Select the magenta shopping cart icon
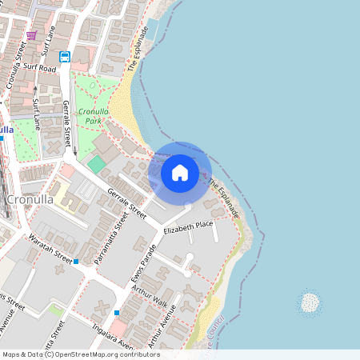click(x=31, y=35)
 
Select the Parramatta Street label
click(x=111, y=237)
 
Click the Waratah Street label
click(x=49, y=249)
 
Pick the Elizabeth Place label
click(x=188, y=227)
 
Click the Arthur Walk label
click(x=150, y=297)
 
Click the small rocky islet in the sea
click(x=309, y=302)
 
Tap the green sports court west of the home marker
click(x=97, y=164)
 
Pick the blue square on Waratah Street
click(x=76, y=262)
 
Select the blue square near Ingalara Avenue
click(x=117, y=312)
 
